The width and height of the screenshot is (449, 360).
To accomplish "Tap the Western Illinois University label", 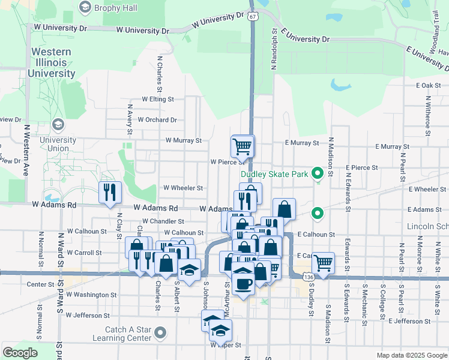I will (x=53, y=62).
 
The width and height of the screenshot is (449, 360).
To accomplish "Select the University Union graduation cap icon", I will (x=58, y=125).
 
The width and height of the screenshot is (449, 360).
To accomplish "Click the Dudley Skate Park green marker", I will (x=319, y=175).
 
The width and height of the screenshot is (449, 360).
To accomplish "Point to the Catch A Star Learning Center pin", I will (x=160, y=332).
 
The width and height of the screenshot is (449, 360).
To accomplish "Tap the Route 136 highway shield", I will (x=308, y=277).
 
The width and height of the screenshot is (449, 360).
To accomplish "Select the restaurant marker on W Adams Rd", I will (x=109, y=192).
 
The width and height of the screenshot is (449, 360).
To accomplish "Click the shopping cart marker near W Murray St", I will (x=242, y=145).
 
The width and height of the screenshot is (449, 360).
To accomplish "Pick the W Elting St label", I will (x=157, y=99).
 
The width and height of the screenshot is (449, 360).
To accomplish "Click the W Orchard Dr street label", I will (x=157, y=119).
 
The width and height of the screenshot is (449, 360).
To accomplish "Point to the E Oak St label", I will (x=428, y=86).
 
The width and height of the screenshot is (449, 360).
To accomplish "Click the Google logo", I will (x=20, y=353).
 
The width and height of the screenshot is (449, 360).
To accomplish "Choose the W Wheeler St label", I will (x=183, y=188).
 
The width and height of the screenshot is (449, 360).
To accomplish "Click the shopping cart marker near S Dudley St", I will (x=323, y=262).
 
